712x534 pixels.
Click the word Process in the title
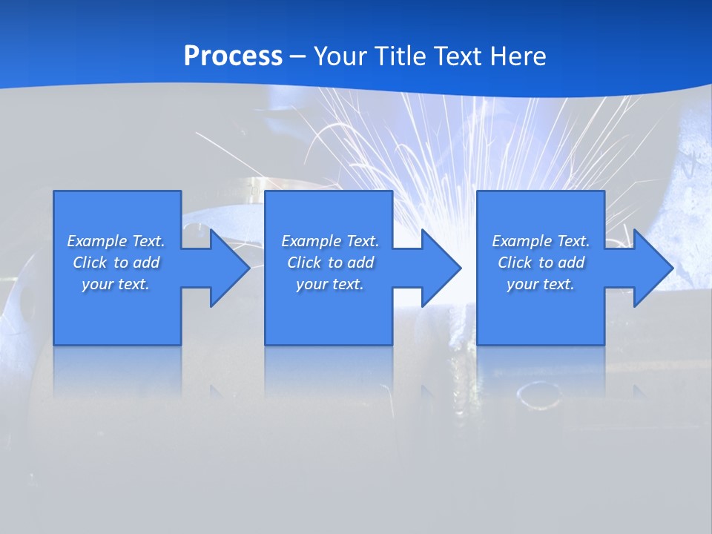233,56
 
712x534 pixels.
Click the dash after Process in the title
297,57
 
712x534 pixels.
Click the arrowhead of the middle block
440,268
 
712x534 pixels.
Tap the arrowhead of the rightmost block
651,268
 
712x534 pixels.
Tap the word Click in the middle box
303,263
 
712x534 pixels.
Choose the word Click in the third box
514,263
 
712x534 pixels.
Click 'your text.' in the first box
116,284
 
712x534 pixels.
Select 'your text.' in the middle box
330,284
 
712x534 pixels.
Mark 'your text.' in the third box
541,284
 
